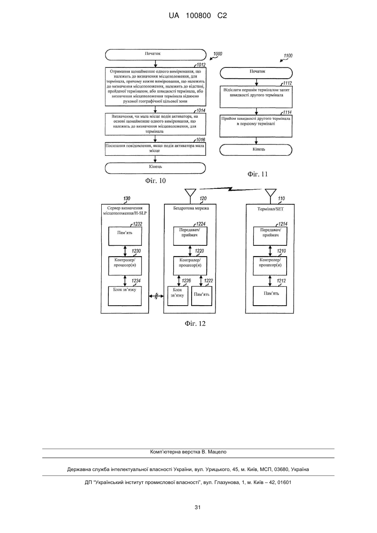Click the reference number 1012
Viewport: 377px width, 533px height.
click(201, 65)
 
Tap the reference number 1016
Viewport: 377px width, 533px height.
click(200, 140)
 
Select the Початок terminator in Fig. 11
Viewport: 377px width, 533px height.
click(256, 73)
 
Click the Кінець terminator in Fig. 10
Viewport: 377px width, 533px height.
click(155, 168)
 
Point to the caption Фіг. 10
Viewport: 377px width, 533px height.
click(155, 181)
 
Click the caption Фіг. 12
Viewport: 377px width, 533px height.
click(195, 324)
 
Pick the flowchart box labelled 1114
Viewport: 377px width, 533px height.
click(256, 126)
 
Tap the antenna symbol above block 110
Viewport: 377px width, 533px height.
click(271, 193)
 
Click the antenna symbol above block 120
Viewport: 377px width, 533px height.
click(190, 193)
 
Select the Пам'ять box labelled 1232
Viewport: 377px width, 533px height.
click(125, 236)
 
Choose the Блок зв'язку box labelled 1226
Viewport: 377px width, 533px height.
click(178, 296)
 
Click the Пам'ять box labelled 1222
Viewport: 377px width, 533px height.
click(202, 296)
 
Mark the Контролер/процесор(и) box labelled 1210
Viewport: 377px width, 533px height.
click(270, 266)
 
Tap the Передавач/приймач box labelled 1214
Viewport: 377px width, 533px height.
click(270, 236)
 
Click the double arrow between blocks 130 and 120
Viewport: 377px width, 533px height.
click(156, 296)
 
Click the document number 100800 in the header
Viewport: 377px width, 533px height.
click(198, 16)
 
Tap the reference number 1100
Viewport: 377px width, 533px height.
click(288, 56)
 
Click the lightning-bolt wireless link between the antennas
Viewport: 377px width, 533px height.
click(230, 189)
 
